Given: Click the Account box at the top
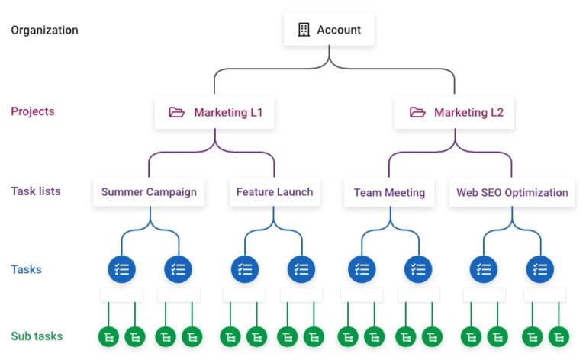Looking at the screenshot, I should click(x=329, y=31).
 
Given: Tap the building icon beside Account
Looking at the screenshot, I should click(x=304, y=31).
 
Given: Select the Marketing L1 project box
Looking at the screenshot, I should click(x=215, y=113).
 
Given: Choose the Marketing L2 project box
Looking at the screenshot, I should click(x=456, y=113).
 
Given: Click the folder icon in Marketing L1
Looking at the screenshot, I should click(x=177, y=113).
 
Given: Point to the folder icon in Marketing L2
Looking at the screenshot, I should click(x=417, y=113).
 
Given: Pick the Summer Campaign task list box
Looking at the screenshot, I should click(x=149, y=192).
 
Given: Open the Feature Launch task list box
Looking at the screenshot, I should click(x=275, y=192).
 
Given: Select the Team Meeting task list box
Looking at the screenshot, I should click(x=389, y=193).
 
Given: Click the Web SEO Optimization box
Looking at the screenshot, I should click(x=512, y=193).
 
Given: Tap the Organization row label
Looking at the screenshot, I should click(x=44, y=31).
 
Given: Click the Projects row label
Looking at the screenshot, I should click(x=33, y=111).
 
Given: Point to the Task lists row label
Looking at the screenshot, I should click(x=36, y=191).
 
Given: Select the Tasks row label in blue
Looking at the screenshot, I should click(x=27, y=269).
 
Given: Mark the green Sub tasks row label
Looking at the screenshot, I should click(x=37, y=336).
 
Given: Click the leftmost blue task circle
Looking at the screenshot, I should click(x=122, y=269).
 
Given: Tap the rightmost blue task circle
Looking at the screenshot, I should click(x=540, y=269).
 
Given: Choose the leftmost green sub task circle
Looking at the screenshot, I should click(x=108, y=336).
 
